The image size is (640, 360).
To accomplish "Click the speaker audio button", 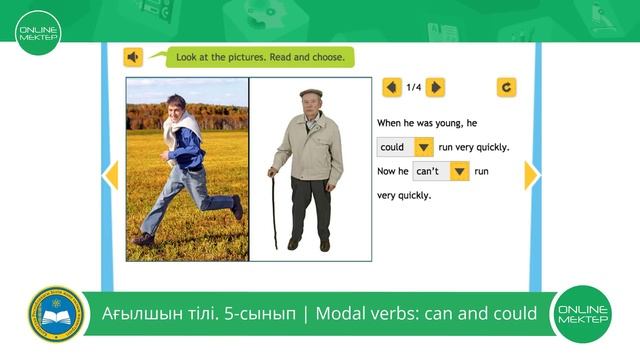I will point(133,57).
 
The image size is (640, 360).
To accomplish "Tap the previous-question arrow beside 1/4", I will point(392,87).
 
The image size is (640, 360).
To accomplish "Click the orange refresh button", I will point(507,87).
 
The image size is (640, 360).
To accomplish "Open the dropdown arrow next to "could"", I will point(424,147).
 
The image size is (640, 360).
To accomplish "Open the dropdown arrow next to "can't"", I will point(459,171).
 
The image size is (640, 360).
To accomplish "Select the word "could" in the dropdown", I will point(392,147).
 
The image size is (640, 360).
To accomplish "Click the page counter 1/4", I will point(414,87).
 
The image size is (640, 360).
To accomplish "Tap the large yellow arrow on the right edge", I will point(531,175).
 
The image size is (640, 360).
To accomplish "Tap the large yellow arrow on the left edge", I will point(111,175).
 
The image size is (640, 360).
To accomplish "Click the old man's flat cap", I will point(311,93).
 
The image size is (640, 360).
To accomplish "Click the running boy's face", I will point(177,106).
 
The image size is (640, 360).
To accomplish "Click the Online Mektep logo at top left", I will point(38,32).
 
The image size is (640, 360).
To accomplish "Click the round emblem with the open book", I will point(55,315).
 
